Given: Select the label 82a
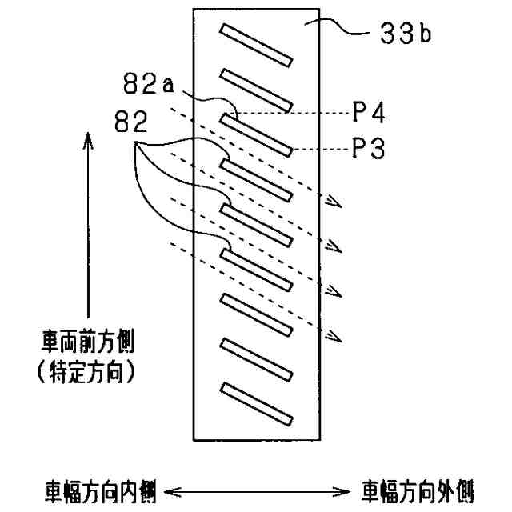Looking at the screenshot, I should click(x=149, y=82).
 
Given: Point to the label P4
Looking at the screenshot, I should click(x=369, y=114).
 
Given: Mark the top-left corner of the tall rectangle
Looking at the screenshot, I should click(x=194, y=10).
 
